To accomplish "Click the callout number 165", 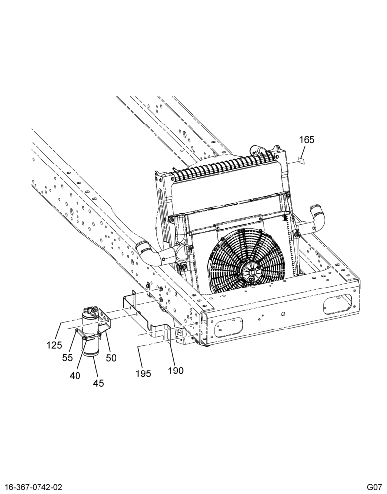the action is [307, 140].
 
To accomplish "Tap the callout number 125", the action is [54, 346].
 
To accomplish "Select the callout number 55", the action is [67, 358].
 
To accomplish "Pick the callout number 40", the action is [75, 375].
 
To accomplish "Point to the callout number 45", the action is [98, 383].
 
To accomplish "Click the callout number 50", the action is [111, 358].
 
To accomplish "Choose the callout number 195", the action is [143, 374].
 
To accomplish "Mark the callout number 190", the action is [176, 370].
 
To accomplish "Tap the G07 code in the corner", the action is [374, 487].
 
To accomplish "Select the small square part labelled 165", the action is [301, 162].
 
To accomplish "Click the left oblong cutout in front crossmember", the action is [229, 328].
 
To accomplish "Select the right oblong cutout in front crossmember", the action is [338, 304].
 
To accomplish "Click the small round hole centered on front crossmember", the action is [283, 314].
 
